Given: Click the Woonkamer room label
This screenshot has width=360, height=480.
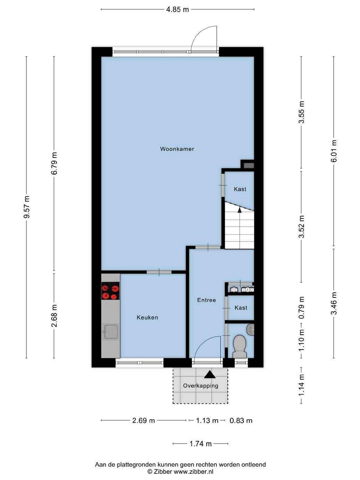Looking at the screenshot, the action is tap(177, 149).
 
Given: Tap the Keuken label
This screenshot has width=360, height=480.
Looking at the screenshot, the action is tap(147, 318).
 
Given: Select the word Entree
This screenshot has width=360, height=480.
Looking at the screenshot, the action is tap(207, 300).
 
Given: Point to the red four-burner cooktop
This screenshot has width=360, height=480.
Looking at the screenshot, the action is tap(110, 291).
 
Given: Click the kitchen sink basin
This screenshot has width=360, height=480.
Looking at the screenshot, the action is tap(111, 332).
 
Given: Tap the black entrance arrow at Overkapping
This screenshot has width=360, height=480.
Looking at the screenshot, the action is tap(210, 374).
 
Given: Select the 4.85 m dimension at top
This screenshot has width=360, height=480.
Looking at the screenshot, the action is tap(178, 10).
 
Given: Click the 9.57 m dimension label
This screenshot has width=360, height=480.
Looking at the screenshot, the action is tap(27, 207).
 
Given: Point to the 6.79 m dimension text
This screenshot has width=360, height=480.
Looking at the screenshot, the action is tap(54, 163).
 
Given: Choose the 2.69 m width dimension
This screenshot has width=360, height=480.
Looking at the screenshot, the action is tap(143, 420).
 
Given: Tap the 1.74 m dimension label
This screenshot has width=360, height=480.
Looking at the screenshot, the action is tap(200, 444).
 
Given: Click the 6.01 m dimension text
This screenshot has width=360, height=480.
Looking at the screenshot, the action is tap(334, 151).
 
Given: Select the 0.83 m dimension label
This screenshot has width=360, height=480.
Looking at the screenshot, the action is tap(241, 420).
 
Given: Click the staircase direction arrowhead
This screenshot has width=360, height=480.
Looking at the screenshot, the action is tap(240, 210).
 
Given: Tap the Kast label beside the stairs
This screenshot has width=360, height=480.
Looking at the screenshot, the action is tap(240, 189).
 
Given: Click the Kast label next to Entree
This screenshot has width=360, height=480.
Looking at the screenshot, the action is tap(241, 308).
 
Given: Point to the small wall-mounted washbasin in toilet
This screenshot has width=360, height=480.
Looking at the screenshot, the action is tap(250, 329).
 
